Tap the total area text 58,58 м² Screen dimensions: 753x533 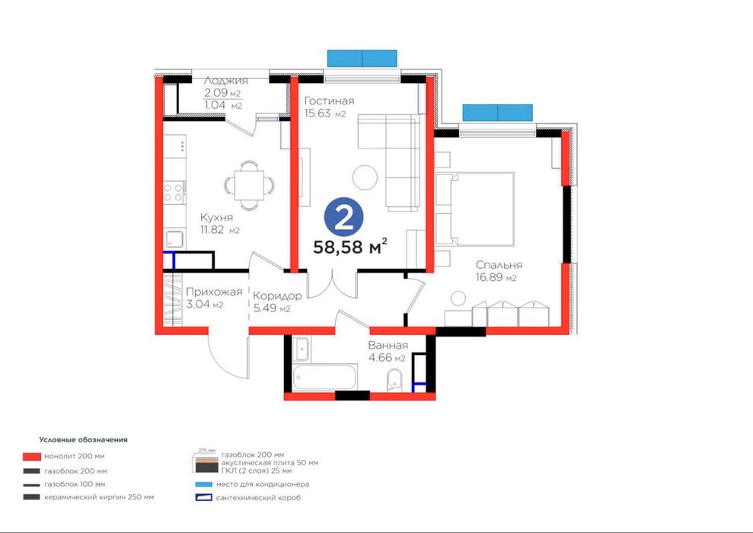pyautogui.click(x=350, y=247)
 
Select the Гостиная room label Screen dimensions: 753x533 pyautogui.click(x=330, y=101)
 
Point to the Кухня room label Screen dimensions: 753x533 pyautogui.click(x=216, y=217)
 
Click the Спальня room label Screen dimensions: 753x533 pyautogui.click(x=499, y=264)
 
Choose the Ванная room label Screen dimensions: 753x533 pyautogui.click(x=388, y=345)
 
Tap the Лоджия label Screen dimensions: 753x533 pyautogui.click(x=225, y=81)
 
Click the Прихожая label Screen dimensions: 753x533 pyautogui.click(x=214, y=292)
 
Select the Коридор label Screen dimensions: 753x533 pyautogui.click(x=278, y=295)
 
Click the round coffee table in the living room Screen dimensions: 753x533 pyautogui.click(x=365, y=177)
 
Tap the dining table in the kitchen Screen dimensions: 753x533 pyautogui.click(x=249, y=185)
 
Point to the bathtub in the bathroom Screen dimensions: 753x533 pyautogui.click(x=324, y=377)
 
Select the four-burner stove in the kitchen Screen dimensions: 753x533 pyautogui.click(x=174, y=193)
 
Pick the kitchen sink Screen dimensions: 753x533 pyautogui.click(x=174, y=238)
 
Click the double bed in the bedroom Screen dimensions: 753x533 pyautogui.click(x=475, y=209)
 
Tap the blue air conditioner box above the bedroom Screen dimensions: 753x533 pyautogui.click(x=497, y=113)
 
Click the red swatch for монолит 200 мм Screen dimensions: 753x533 pyautogui.click(x=32, y=456)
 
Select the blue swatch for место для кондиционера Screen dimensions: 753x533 pyautogui.click(x=203, y=484)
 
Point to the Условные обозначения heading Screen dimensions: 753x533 pyautogui.click(x=84, y=439)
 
